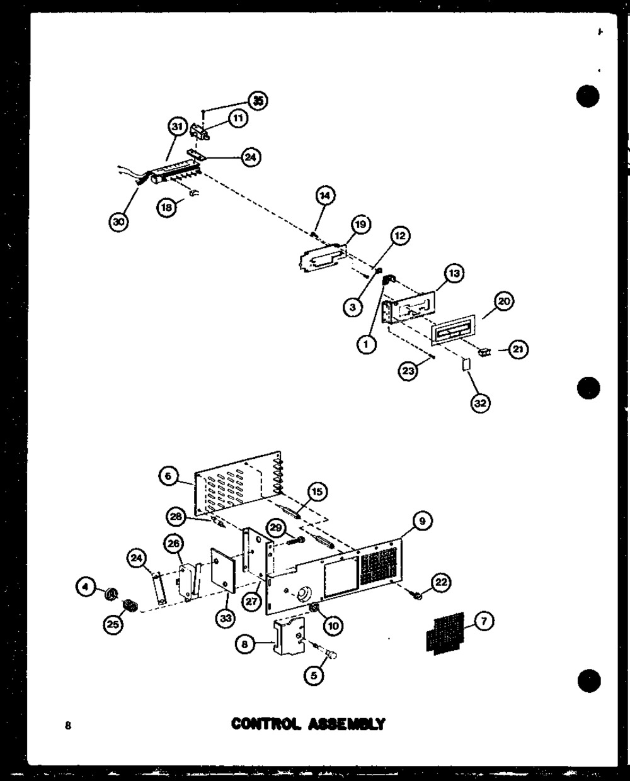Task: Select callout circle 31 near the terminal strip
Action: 178,127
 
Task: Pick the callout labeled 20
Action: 504,303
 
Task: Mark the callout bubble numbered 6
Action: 168,478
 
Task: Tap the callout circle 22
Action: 441,583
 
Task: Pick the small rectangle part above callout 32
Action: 466,364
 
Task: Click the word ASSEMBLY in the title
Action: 346,724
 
